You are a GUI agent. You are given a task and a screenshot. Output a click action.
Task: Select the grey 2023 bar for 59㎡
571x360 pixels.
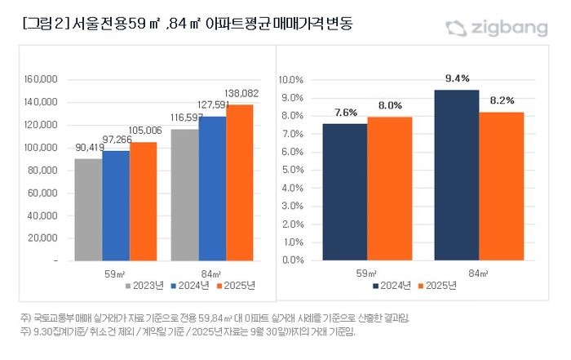[x=88, y=209]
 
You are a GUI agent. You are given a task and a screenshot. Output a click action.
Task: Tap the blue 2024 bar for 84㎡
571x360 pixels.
[x=212, y=189]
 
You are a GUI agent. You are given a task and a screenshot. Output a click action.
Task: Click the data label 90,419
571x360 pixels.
[x=88, y=148]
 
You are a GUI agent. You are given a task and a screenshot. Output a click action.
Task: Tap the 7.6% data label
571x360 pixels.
[x=346, y=112]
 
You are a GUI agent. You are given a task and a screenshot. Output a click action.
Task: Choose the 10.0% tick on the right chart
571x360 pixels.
[x=292, y=80]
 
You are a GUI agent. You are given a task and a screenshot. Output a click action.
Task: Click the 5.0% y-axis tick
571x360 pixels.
[x=294, y=170]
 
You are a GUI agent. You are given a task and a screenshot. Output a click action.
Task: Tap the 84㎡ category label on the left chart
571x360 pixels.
[x=212, y=273]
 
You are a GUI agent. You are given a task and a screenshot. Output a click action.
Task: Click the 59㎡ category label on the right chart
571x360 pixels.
[x=367, y=273]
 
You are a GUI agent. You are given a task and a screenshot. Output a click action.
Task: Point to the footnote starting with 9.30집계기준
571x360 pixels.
[x=188, y=332]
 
